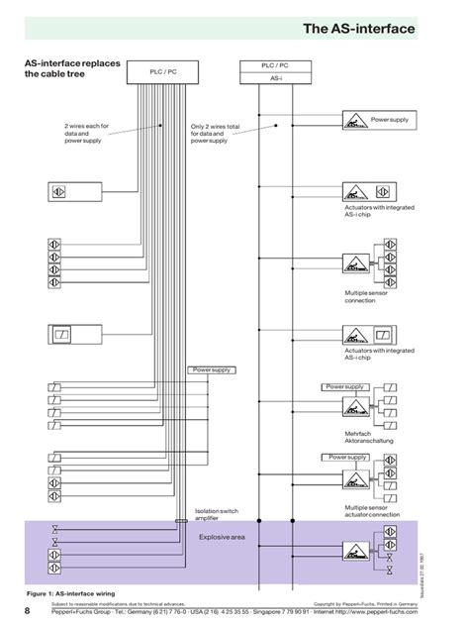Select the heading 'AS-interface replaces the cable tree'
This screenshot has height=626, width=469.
72,68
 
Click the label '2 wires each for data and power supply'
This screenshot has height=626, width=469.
89,132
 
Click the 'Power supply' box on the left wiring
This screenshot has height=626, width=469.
210,369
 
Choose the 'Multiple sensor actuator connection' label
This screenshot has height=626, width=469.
372,511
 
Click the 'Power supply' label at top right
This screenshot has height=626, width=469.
389,119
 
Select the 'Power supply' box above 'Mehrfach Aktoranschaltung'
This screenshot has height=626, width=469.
344,387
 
